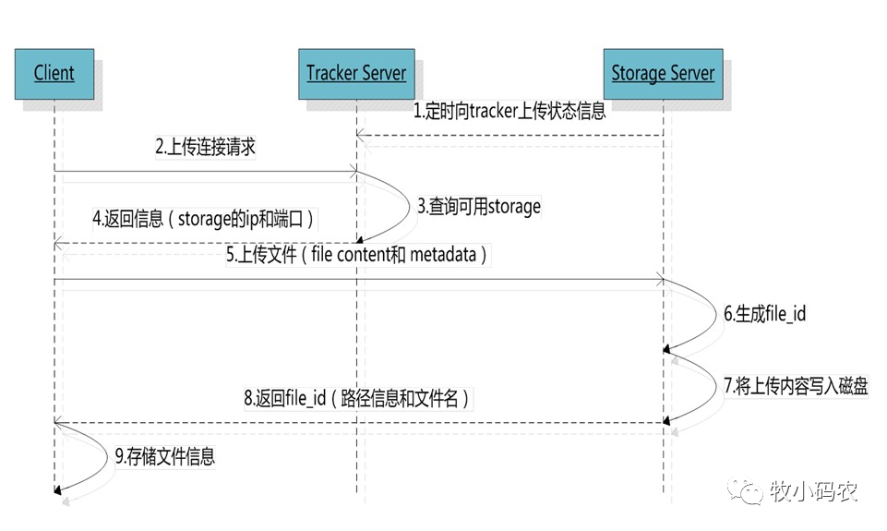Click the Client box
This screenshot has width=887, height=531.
54,73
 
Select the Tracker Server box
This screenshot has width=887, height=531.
356,73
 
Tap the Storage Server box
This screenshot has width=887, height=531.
663,73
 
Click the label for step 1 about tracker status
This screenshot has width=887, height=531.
509,113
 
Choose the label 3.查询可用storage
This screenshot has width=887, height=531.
479,206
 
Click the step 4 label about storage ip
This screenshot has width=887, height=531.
203,221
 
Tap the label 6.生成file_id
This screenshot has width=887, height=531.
765,314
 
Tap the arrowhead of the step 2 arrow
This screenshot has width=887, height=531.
353,171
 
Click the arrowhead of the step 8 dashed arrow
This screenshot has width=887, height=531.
59,421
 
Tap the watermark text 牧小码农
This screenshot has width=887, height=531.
813,491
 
